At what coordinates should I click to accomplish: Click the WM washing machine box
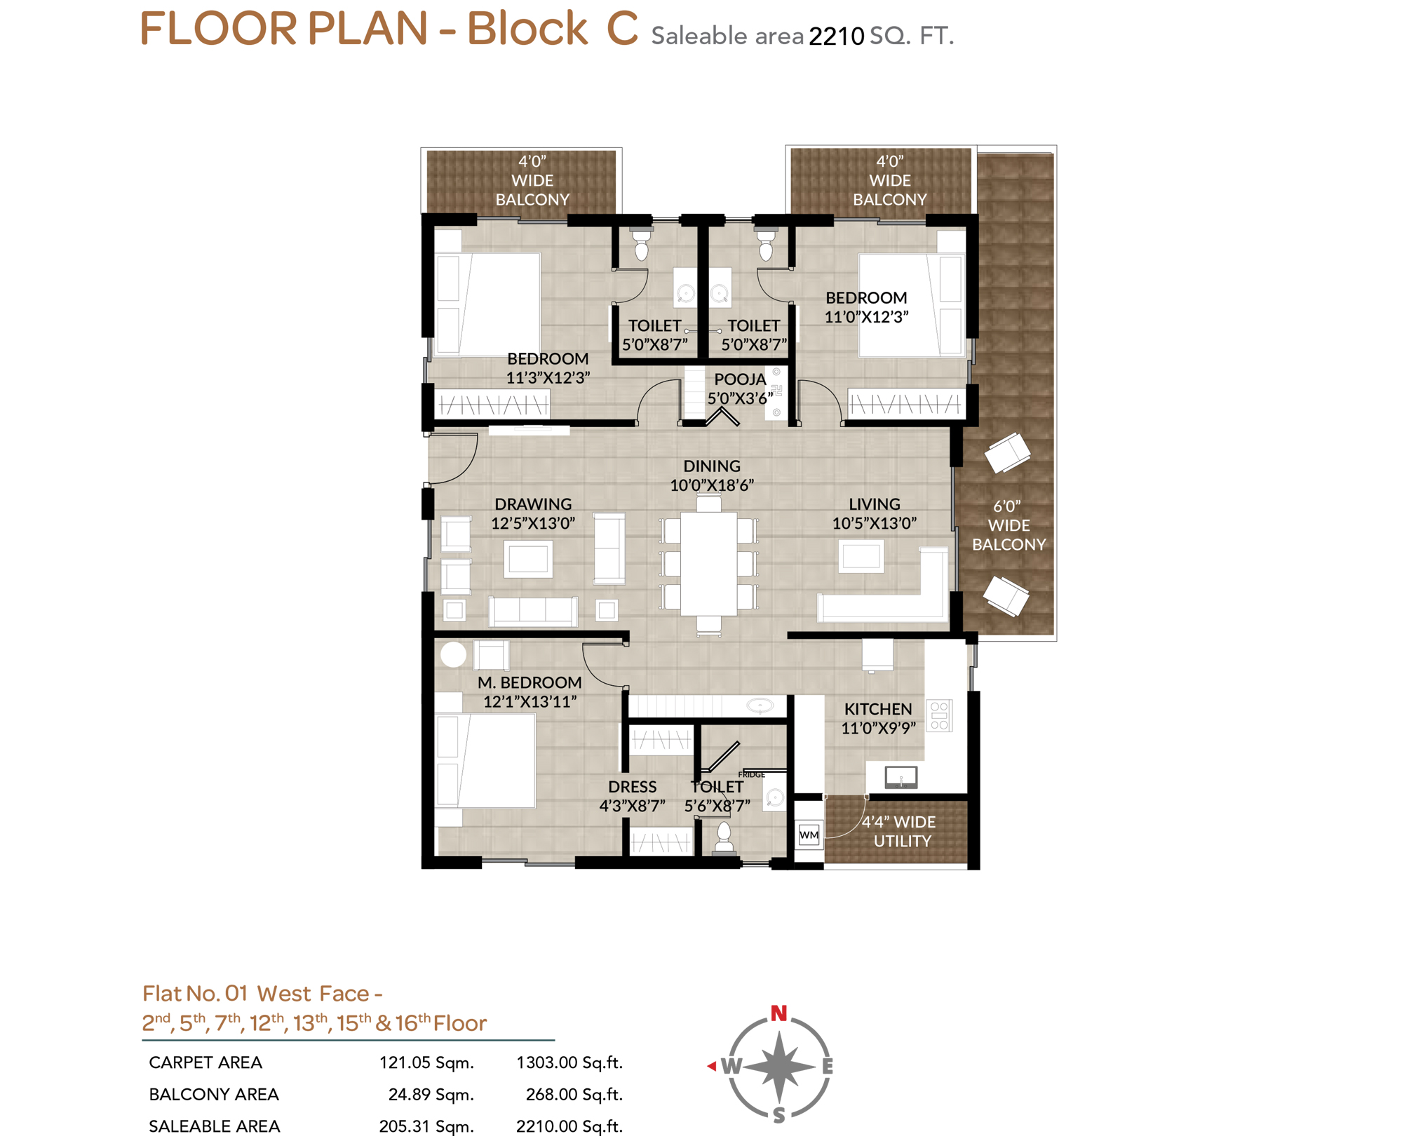pos(809,835)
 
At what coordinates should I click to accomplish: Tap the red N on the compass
pos(778,1013)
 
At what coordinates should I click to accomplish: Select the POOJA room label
pos(740,379)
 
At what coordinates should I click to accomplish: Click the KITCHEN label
pos(877,709)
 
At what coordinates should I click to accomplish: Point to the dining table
pos(708,564)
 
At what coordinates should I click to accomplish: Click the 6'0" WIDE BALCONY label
pos(1009,525)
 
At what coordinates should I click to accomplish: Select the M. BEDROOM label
pos(530,682)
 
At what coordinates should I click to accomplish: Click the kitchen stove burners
pos(939,715)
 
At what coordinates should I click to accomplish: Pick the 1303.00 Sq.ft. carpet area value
pos(569,1062)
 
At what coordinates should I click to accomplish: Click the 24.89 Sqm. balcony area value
pos(431,1094)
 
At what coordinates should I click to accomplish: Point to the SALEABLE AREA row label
pos(215,1126)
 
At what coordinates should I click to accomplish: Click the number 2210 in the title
pos(836,36)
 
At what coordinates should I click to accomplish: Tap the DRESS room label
pos(632,787)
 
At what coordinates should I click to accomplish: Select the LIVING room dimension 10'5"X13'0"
pos(874,523)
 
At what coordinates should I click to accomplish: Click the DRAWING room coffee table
pos(528,559)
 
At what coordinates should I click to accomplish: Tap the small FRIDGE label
pos(751,774)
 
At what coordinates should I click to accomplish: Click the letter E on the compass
pos(828,1066)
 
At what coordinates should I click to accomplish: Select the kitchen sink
pos(901,777)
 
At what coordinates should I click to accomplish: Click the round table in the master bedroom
pos(453,654)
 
